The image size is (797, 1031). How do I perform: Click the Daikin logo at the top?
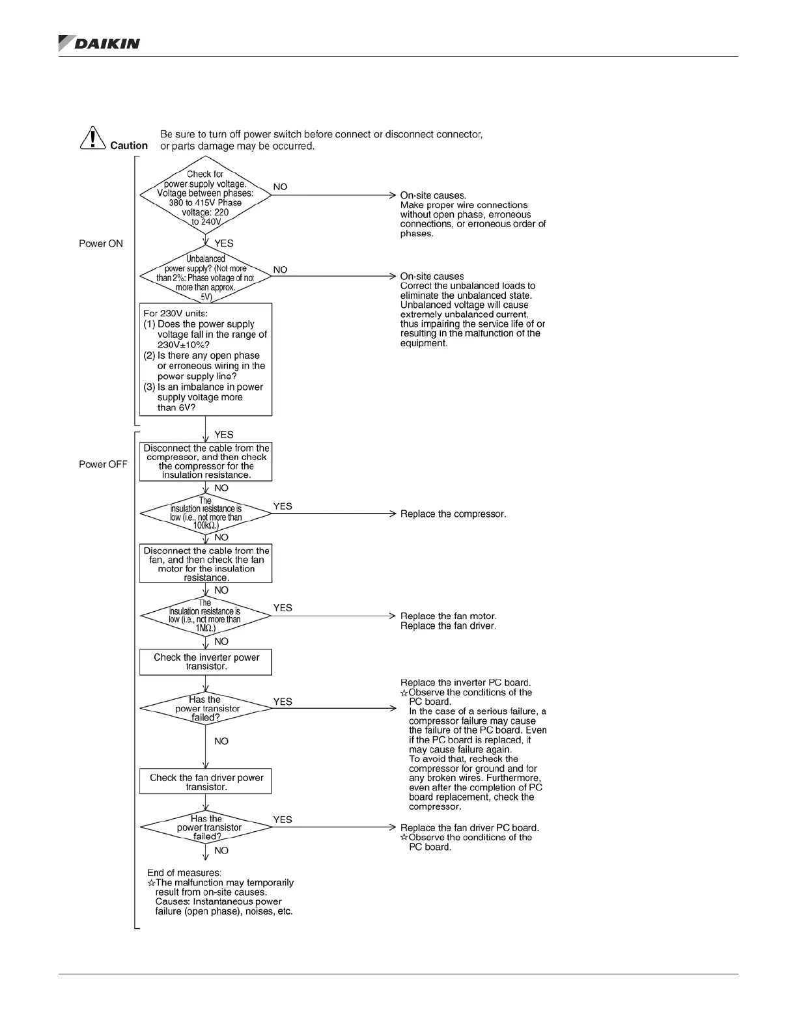(x=99, y=43)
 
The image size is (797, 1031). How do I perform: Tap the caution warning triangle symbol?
(x=93, y=138)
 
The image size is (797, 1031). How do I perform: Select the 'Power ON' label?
(x=101, y=243)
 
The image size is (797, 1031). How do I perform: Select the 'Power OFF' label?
(x=103, y=464)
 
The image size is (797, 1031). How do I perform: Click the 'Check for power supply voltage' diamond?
(x=205, y=198)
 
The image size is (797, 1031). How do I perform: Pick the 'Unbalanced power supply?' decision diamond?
(x=205, y=277)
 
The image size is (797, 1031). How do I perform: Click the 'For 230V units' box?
(x=205, y=360)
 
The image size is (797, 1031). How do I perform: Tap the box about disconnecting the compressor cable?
(x=206, y=461)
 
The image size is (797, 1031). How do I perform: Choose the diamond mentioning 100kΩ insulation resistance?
(x=205, y=514)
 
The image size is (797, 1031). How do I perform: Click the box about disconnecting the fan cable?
(x=206, y=564)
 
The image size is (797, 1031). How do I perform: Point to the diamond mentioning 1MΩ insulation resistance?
(x=205, y=616)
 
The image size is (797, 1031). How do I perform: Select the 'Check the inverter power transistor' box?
(x=206, y=662)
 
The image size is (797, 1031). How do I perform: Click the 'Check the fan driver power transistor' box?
(x=206, y=782)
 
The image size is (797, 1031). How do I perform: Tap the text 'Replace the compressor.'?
(x=453, y=514)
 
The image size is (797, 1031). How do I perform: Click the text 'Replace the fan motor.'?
(x=448, y=616)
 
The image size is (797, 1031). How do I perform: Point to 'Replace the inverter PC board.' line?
(x=466, y=683)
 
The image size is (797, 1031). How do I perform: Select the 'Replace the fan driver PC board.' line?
(x=469, y=828)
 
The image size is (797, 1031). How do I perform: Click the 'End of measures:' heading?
(x=184, y=873)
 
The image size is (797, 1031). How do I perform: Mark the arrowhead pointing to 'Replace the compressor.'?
(x=393, y=514)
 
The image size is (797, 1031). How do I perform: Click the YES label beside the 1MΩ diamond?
(x=283, y=607)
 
